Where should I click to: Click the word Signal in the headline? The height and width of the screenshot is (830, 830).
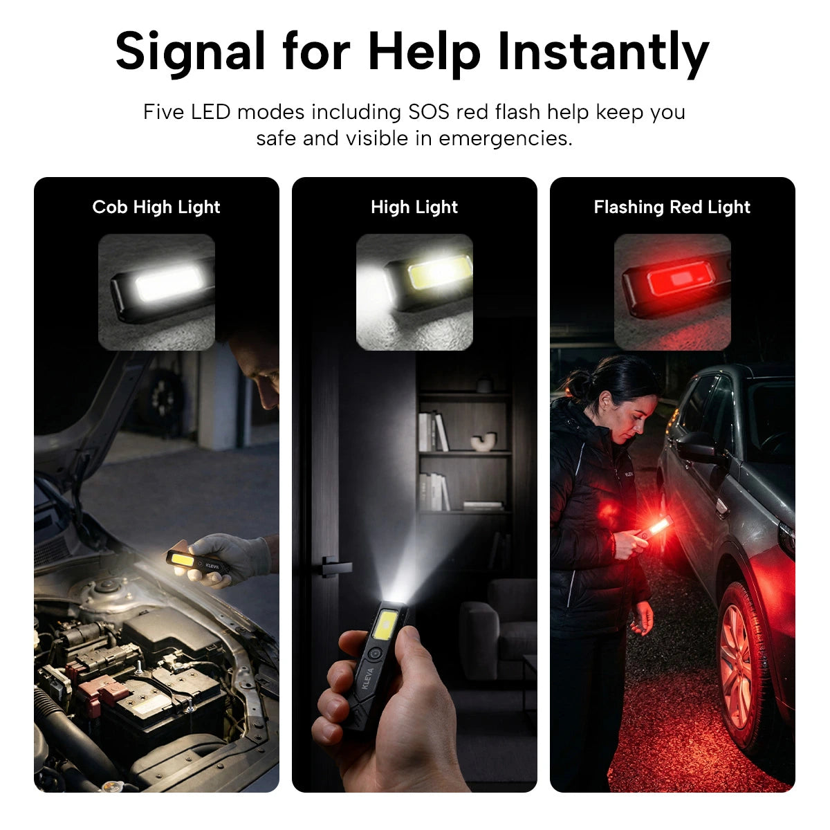click(x=190, y=53)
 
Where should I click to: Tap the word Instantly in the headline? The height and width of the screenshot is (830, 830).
click(x=603, y=53)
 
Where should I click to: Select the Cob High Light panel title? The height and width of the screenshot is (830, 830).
click(x=156, y=207)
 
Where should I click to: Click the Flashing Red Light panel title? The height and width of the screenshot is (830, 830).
click(x=672, y=207)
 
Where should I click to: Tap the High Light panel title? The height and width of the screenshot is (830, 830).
click(x=414, y=207)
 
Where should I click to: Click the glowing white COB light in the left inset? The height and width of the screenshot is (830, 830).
click(x=167, y=282)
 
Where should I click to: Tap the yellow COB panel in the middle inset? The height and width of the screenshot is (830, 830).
click(x=439, y=271)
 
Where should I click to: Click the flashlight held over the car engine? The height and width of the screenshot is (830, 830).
click(x=198, y=562)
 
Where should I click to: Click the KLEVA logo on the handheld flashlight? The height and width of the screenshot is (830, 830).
click(x=367, y=679)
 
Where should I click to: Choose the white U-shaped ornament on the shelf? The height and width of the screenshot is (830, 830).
click(x=483, y=441)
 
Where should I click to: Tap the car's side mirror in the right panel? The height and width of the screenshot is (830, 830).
click(x=697, y=448)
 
